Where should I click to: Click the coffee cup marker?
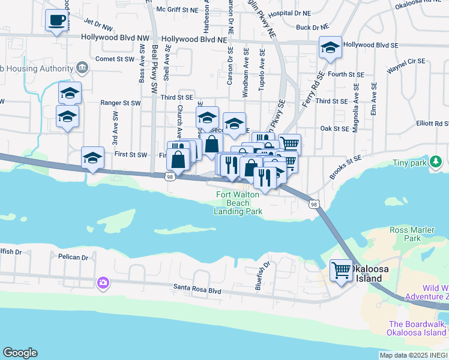click(x=56, y=20)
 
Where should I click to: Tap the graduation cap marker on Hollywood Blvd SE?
click(x=330, y=47)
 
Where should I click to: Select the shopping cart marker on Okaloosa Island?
click(x=342, y=270)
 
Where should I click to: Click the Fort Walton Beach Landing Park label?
click(x=240, y=203)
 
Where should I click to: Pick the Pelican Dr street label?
click(x=74, y=257)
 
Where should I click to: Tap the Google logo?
click(x=20, y=353)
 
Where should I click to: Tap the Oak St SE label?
click(x=335, y=128)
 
